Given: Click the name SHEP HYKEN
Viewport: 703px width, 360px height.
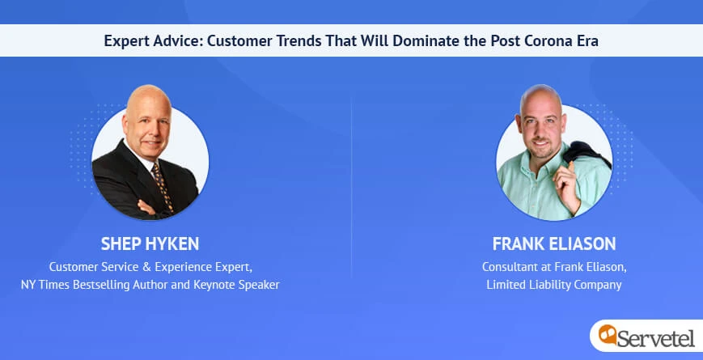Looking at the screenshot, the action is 150,244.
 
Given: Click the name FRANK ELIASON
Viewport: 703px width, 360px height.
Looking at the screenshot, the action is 554,244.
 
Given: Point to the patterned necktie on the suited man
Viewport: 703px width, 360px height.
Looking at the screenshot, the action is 162,186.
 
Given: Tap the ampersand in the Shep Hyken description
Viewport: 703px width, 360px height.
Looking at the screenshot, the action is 146,267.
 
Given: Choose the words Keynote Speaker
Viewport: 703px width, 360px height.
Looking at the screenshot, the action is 236,285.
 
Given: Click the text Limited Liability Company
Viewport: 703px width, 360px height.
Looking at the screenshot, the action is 554,285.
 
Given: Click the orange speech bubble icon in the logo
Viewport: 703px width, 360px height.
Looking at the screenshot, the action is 607,334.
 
